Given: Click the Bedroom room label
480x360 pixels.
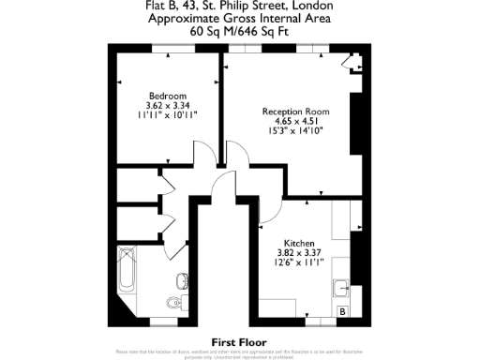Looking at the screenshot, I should click(168, 96).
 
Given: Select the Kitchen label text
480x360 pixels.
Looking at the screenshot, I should click(299, 242).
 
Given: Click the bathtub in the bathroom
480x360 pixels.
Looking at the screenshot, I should click(127, 276).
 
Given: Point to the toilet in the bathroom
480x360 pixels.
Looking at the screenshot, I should click(172, 303).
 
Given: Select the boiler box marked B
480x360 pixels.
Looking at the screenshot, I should click(343, 310).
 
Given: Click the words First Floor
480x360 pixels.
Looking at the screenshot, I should click(239, 342).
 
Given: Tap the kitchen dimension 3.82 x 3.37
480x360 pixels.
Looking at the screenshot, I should click(299, 252).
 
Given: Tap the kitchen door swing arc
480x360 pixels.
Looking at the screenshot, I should click(272, 216).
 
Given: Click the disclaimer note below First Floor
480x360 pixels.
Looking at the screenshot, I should click(239, 353).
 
